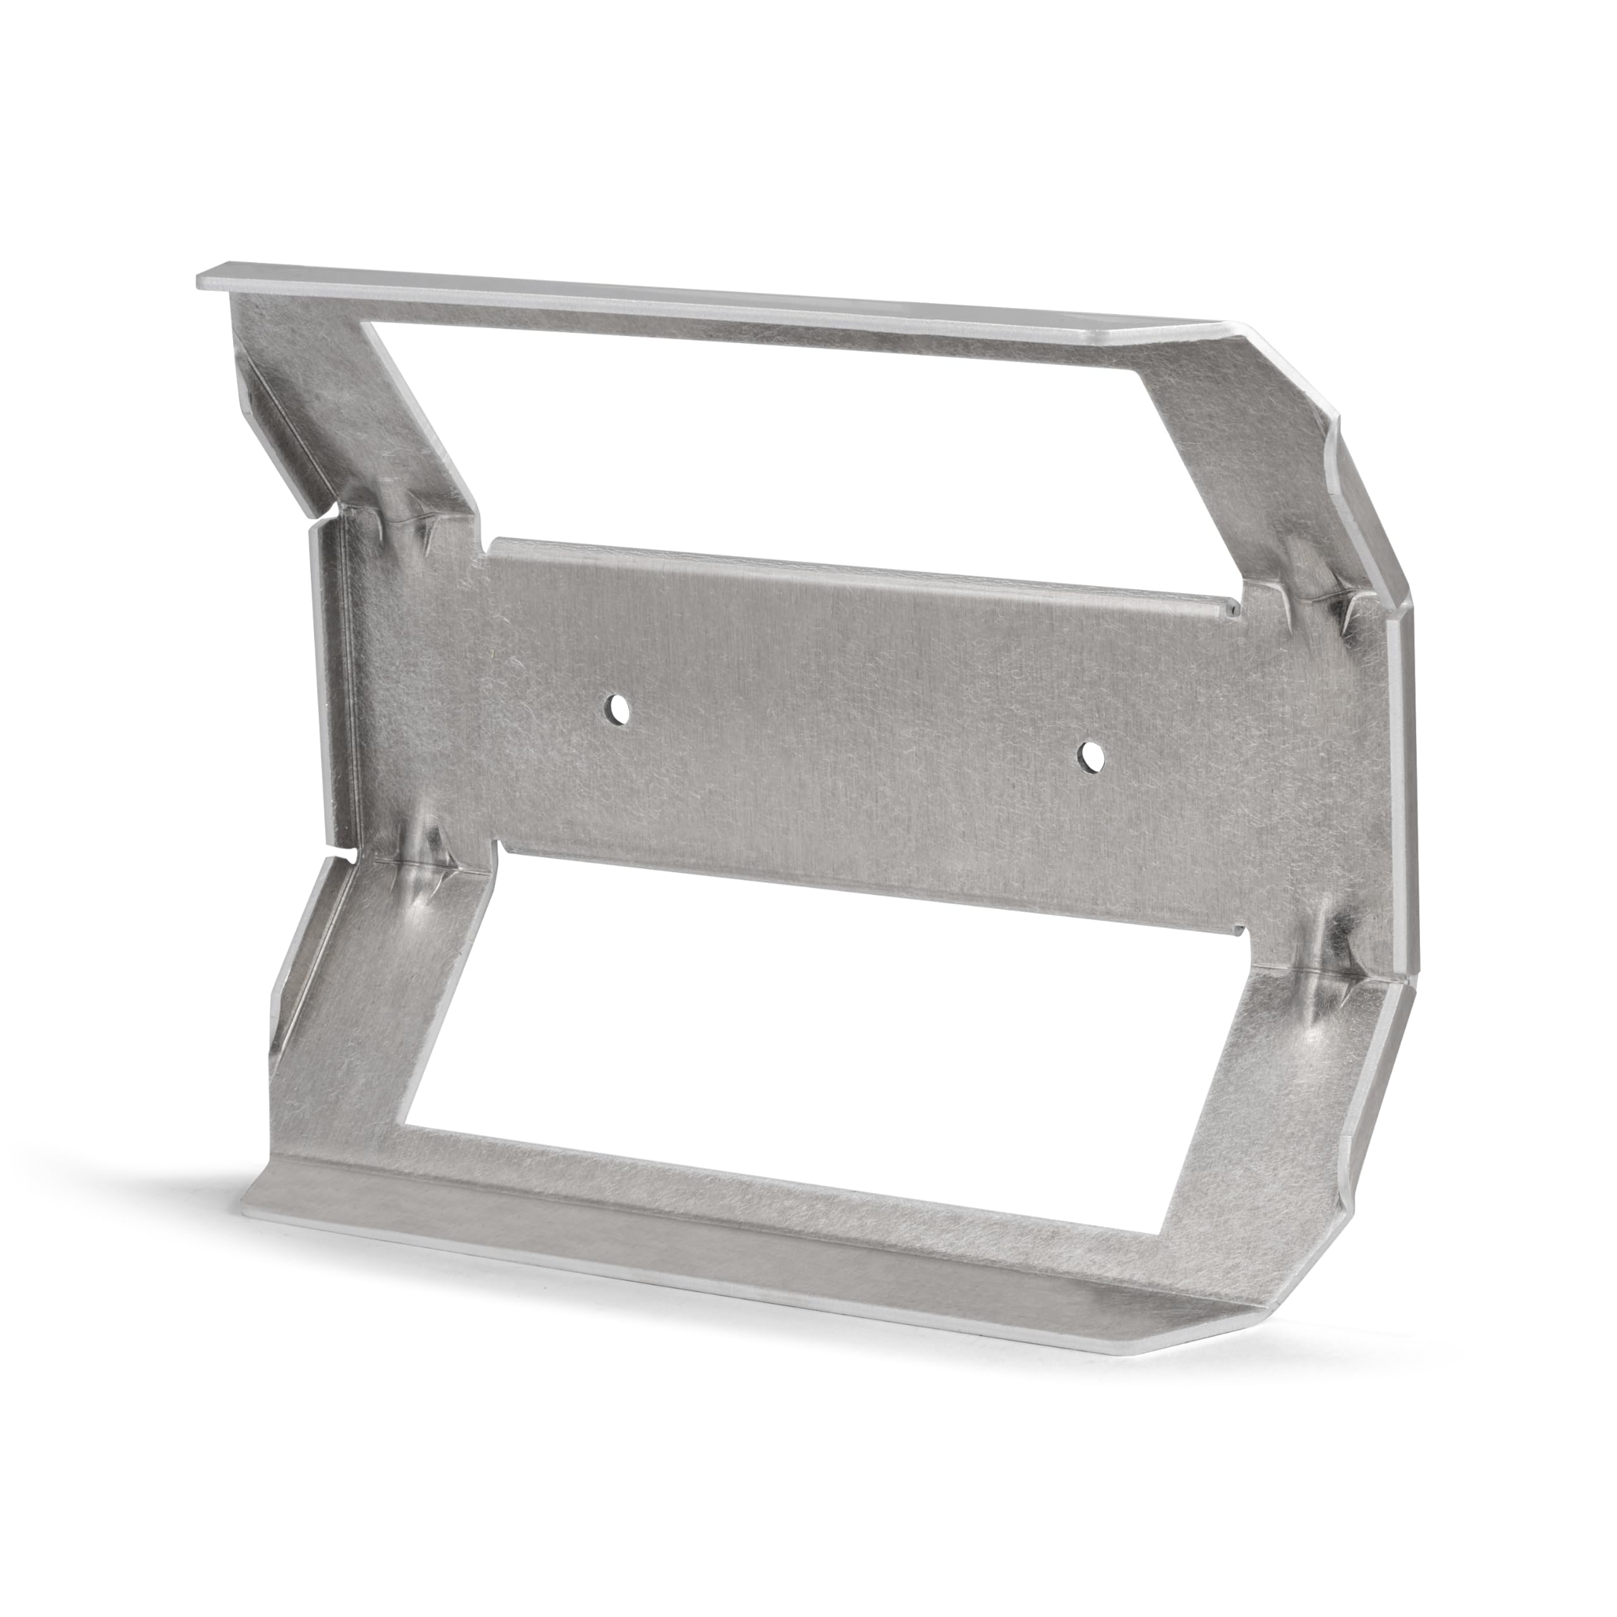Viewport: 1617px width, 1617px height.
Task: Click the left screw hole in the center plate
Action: pyautogui.click(x=618, y=710)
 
